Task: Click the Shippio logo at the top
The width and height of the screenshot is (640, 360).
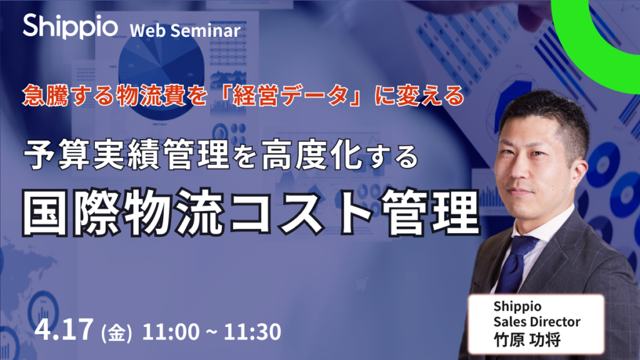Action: tap(70, 26)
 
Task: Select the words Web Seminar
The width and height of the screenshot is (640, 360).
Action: tap(185, 31)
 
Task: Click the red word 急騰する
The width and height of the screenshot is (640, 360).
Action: tap(68, 96)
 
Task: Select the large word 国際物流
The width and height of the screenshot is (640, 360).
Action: tap(123, 212)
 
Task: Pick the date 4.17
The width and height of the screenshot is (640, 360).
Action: tap(64, 329)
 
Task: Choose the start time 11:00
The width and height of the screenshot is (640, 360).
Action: tap(171, 331)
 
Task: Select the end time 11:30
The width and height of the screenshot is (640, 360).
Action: tap(252, 331)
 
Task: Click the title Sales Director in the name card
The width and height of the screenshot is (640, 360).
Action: tap(537, 322)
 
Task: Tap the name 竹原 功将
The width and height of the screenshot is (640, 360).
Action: tap(527, 339)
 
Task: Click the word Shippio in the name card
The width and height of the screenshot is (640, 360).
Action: tap(517, 306)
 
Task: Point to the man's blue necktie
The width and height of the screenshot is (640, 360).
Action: tap(515, 263)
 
